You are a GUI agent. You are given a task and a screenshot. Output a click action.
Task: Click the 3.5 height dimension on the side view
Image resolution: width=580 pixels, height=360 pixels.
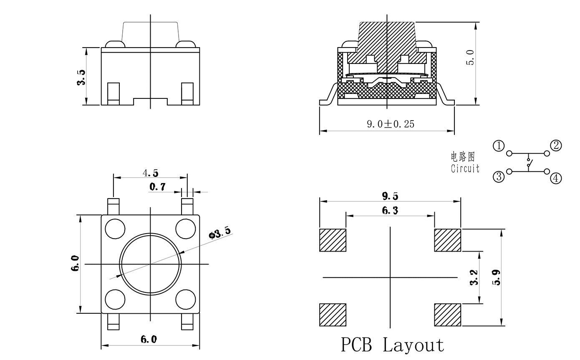click(81, 77)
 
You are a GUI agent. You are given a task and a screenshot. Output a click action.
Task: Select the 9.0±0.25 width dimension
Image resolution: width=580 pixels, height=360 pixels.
click(391, 124)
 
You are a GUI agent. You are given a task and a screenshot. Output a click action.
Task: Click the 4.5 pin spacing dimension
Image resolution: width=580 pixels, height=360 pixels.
click(150, 173)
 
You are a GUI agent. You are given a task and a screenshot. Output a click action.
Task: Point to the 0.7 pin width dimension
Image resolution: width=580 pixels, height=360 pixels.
click(157, 187)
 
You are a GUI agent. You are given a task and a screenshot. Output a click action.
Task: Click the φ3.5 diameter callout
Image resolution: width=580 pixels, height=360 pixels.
click(219, 233)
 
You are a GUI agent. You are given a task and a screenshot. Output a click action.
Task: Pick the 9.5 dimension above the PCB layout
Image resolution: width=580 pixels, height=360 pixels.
click(390, 196)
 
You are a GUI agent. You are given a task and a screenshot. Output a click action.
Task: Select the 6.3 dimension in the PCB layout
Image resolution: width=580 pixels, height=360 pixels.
click(390, 211)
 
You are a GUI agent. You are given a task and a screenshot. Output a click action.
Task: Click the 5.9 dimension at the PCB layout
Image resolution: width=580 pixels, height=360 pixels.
click(496, 277)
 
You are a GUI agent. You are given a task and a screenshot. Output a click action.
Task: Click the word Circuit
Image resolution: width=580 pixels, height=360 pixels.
click(465, 169)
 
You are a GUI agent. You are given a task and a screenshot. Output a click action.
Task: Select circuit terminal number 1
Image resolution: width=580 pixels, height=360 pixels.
click(499, 146)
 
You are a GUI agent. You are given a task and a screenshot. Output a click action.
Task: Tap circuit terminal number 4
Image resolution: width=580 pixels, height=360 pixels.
click(556, 178)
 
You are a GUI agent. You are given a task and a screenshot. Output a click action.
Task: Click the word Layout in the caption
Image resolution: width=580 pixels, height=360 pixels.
click(413, 345)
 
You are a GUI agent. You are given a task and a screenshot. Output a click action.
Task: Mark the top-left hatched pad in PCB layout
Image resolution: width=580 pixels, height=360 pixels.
click(333, 240)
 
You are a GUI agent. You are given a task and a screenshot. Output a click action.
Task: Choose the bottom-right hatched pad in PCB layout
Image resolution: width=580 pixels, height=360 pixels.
click(447, 315)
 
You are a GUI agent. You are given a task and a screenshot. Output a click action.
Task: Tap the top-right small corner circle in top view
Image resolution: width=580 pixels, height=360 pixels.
click(186, 228)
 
